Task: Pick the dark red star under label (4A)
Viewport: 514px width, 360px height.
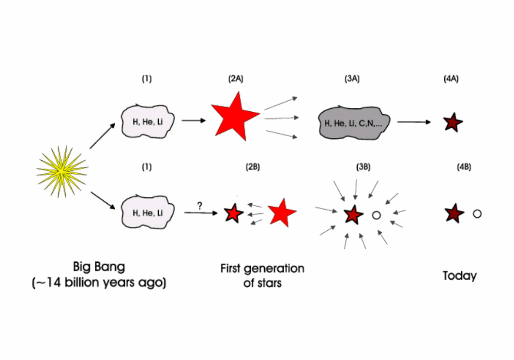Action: click(453, 122)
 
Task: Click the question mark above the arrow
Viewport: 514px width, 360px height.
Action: click(199, 206)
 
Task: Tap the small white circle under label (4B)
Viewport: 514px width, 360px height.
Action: click(477, 213)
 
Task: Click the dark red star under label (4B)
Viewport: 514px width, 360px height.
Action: click(454, 213)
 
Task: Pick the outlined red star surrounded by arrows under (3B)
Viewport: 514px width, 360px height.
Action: click(353, 214)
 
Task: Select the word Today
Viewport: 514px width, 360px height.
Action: click(460, 276)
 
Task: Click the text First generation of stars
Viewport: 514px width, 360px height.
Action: click(262, 275)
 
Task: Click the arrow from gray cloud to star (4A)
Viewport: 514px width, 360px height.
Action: click(414, 122)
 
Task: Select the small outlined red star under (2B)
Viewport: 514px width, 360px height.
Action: click(234, 213)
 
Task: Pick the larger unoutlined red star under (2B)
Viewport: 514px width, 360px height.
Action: click(282, 213)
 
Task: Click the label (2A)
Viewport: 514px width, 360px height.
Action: click(235, 80)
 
